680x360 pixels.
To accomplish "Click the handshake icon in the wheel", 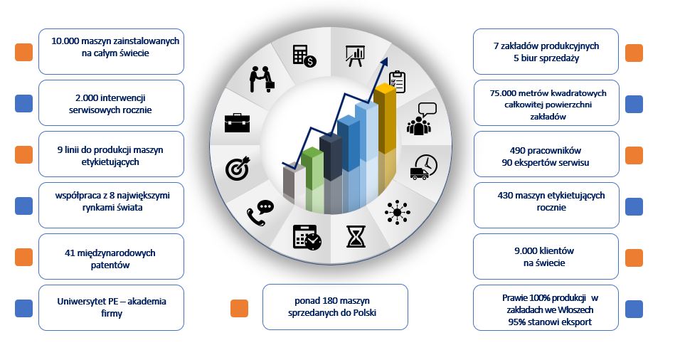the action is (x=262, y=79).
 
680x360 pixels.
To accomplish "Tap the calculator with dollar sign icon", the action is (x=304, y=56).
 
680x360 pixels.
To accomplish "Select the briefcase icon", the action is (x=238, y=123).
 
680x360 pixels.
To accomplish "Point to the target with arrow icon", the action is (x=238, y=169).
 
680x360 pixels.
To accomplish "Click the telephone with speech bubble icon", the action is (x=260, y=213).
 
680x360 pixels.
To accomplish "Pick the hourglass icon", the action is (x=356, y=236).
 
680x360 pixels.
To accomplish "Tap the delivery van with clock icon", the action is (x=424, y=167).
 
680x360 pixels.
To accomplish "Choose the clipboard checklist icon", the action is (x=397, y=83).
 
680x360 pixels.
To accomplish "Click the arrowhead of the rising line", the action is (x=384, y=62).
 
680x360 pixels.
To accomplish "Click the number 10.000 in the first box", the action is (x=65, y=41).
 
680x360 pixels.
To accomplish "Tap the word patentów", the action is (x=110, y=265).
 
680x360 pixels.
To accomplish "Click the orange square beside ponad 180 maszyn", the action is (x=240, y=308).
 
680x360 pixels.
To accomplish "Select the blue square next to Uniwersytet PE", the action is (x=24, y=308).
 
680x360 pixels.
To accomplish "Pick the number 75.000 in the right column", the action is (x=504, y=93).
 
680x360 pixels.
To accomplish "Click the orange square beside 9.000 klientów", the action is (x=634, y=258).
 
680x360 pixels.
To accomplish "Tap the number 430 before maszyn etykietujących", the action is (x=505, y=196).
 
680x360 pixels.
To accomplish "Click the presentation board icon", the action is (x=355, y=56).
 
